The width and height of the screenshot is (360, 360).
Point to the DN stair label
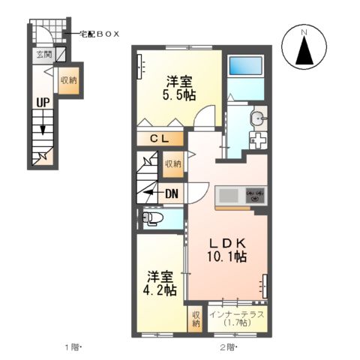point(172,193)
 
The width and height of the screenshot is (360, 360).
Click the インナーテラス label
point(236,314)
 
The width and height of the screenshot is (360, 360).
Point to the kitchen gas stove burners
point(255,196)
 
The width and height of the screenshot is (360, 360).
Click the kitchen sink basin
point(226,196)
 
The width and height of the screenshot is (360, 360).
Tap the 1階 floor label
point(73,347)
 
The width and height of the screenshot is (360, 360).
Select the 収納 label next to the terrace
point(196,319)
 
